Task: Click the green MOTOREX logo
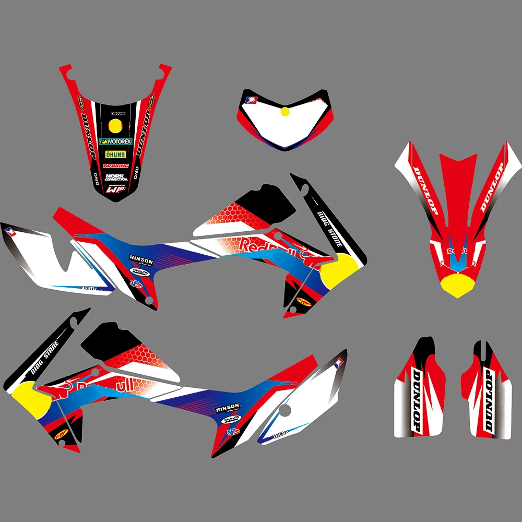116,141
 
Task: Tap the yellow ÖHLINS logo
115,155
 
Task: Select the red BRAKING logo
115,166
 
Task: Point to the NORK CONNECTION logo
116,177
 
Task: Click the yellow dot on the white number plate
284,111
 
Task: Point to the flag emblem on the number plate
253,100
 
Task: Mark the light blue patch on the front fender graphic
456,264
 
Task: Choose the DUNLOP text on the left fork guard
417,400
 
